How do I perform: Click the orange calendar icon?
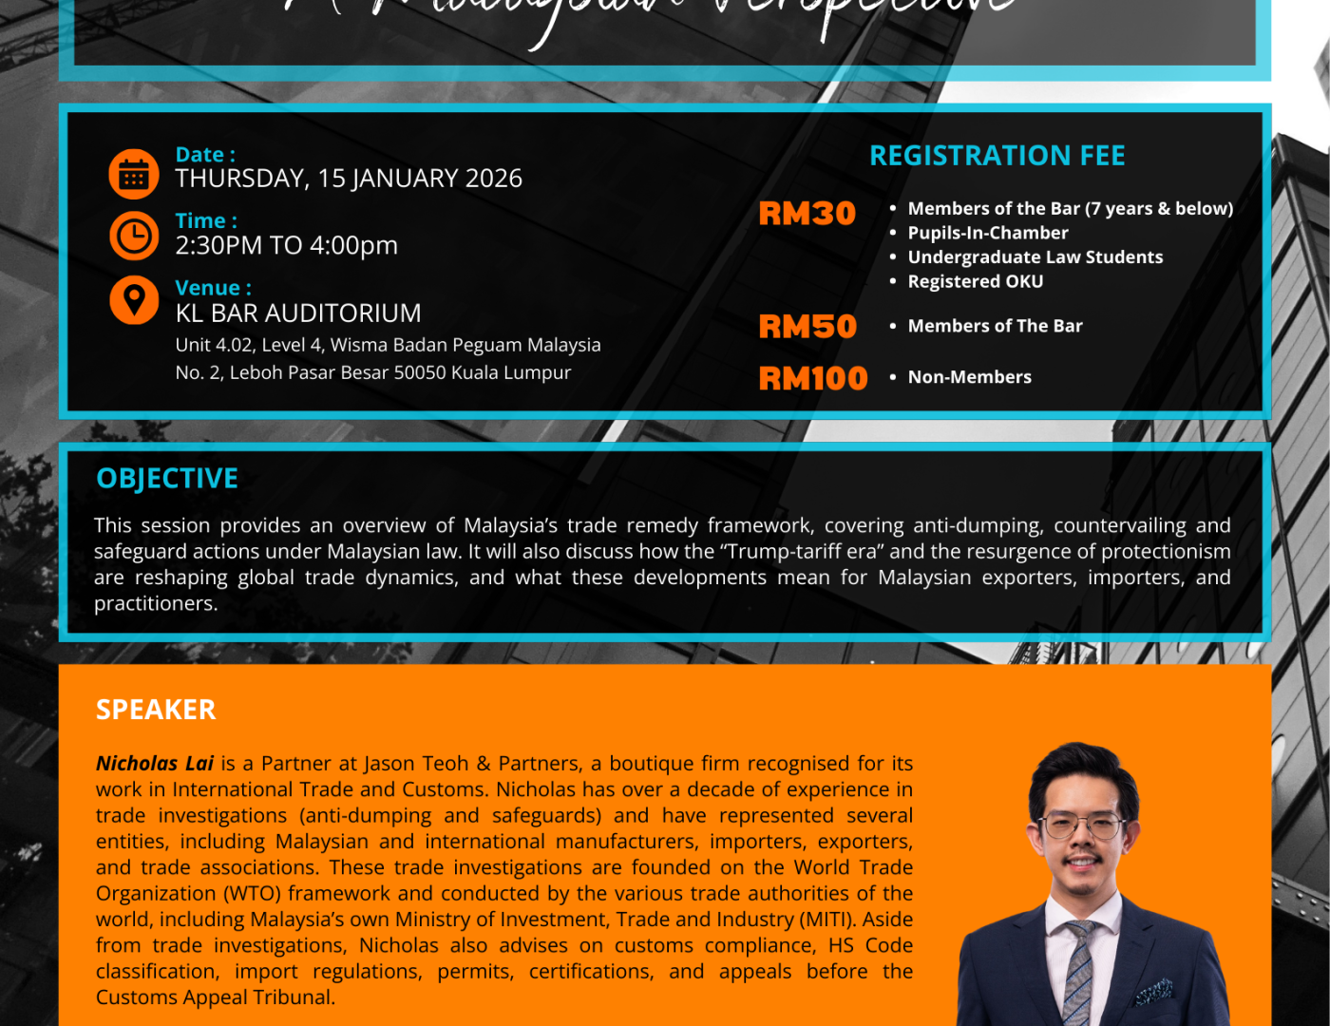point(134,175)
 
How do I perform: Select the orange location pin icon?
point(134,299)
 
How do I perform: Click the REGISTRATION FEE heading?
point(997,156)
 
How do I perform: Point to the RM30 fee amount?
point(807,214)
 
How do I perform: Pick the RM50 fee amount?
point(807,327)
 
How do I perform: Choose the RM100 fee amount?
point(813,378)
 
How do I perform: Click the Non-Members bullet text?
point(969,377)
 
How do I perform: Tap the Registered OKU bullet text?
point(975,281)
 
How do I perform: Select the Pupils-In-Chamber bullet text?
point(987,233)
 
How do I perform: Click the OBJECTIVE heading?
point(167,479)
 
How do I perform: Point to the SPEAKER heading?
point(156,710)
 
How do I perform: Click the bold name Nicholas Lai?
point(155,763)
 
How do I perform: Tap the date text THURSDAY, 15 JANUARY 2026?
point(349,179)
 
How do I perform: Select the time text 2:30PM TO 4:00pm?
point(286,245)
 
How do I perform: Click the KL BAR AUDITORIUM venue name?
point(298,313)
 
